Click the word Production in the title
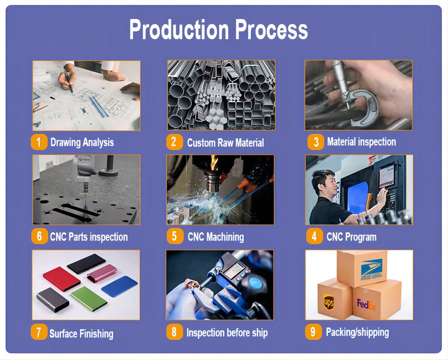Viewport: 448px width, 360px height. pos(179,29)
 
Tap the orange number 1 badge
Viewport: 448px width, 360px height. pos(39,142)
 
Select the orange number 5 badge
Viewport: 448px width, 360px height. pos(175,236)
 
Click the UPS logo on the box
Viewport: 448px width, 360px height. pos(329,301)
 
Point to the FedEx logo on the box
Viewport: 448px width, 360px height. pos(366,305)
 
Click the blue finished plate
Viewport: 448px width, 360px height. pos(119,286)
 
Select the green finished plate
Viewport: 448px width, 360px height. pos(89,298)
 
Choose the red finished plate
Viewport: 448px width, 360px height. pos(62,279)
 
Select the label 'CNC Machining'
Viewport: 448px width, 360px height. pos(216,237)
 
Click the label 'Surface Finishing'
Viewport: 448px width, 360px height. pos(81,333)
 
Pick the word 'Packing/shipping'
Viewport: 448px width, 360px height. pos(357,332)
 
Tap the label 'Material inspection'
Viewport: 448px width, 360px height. pos(361,142)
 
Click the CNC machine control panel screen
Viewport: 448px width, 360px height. pos(386,175)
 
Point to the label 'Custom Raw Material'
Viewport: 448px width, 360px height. pos(225,142)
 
